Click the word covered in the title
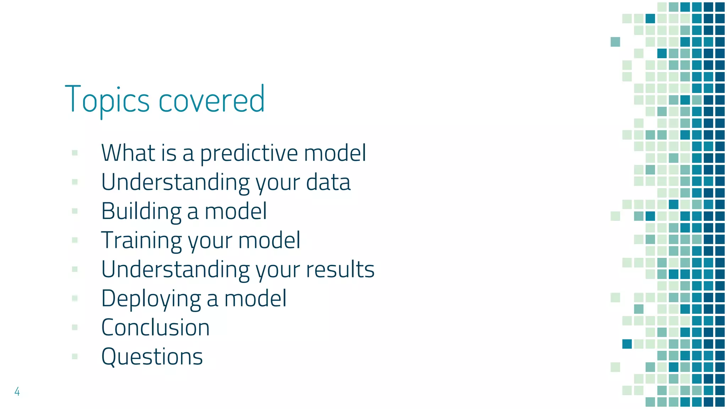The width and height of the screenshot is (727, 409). [x=212, y=100]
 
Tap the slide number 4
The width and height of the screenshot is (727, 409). [x=17, y=391]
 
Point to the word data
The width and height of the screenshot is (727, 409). [x=328, y=182]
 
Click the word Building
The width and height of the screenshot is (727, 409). [x=141, y=212]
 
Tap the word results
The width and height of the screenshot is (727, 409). [x=340, y=269]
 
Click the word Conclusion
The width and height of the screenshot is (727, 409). [x=155, y=327]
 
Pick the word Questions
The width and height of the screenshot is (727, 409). [x=152, y=357]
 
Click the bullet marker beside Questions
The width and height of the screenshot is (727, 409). [x=75, y=356]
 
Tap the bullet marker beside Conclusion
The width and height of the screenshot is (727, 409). [x=75, y=327]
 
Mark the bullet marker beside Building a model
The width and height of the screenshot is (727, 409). [x=75, y=211]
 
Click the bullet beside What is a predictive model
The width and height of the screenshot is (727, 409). [x=75, y=153]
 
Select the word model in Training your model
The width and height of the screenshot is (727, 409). [x=269, y=240]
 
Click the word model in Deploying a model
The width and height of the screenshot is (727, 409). [x=255, y=299]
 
